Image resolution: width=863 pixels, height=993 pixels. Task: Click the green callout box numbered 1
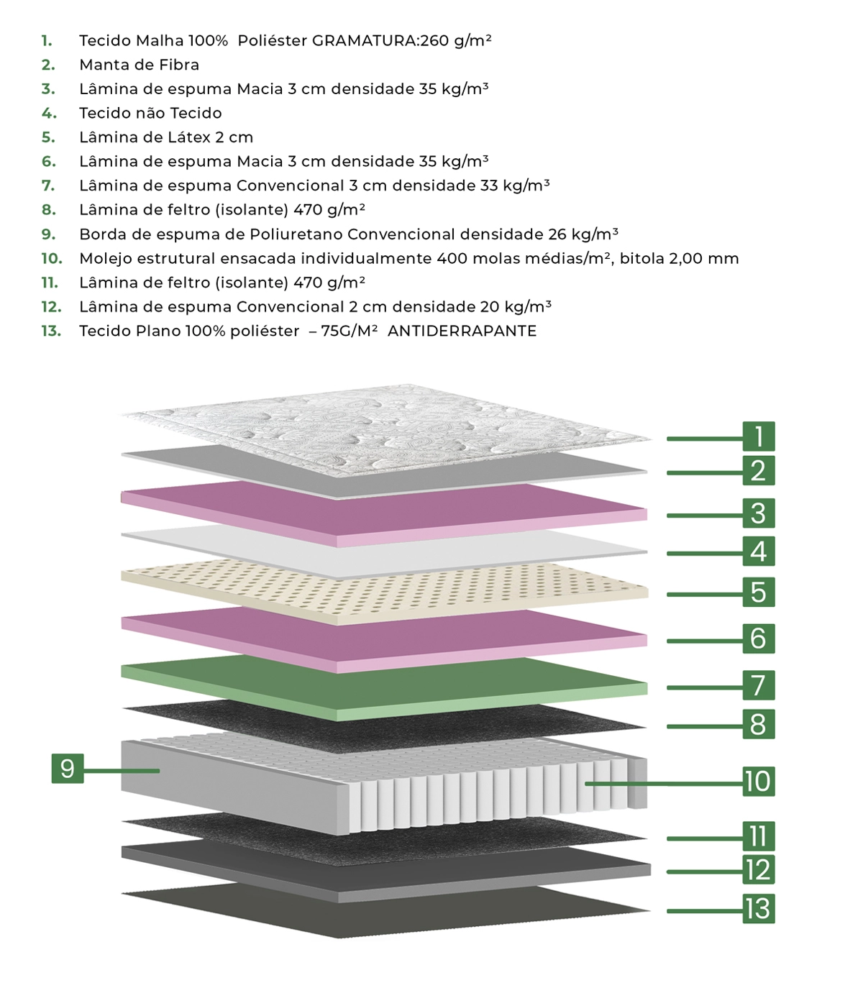[758, 436]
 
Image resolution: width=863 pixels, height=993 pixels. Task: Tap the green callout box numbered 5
[758, 592]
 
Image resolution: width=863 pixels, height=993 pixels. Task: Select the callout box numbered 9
[68, 768]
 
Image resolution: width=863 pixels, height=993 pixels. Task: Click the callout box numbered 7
[758, 685]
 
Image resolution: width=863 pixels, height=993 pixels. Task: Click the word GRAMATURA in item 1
[364, 40]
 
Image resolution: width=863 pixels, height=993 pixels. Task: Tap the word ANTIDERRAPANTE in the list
[462, 331]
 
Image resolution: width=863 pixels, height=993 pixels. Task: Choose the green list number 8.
[48, 210]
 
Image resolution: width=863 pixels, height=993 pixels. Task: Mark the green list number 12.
[52, 307]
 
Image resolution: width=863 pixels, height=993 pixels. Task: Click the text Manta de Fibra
[140, 65]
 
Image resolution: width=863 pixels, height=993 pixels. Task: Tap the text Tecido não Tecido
[150, 113]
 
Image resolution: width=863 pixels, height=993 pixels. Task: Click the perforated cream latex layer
[384, 592]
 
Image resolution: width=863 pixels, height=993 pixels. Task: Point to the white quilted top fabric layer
[386, 430]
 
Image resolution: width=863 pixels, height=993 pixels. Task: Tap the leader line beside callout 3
[705, 516]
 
